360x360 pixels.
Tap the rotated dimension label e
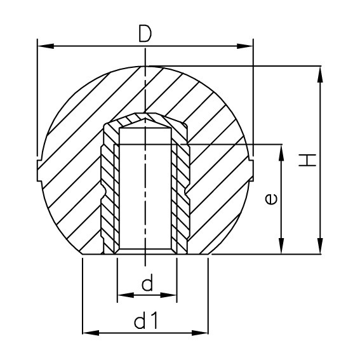[270, 199]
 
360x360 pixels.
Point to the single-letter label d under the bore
[147, 284]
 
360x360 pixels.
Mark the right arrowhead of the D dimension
[248, 46]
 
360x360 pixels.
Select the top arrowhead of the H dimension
[320, 70]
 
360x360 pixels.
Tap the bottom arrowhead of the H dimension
[320, 249]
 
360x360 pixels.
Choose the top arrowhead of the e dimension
[280, 150]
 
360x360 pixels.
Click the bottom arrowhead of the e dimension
[280, 249]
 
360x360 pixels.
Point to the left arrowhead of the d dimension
[123, 295]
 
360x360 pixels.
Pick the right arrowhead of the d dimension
[171, 295]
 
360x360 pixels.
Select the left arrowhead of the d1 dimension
[88, 331]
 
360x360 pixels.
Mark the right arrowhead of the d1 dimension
[204, 331]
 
